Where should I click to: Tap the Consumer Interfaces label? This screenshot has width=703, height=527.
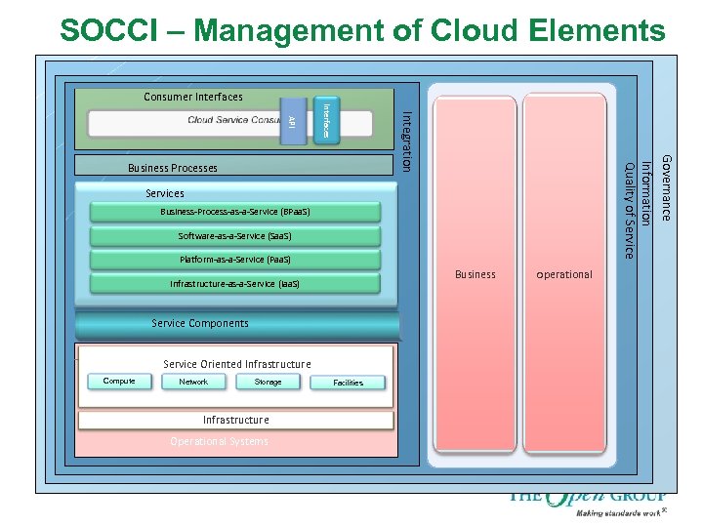pyautogui.click(x=193, y=97)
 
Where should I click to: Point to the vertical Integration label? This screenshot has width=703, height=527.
pyautogui.click(x=408, y=142)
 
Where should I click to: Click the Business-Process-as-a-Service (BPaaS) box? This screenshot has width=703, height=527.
pyautogui.click(x=234, y=212)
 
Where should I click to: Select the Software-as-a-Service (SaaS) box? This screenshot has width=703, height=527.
pyautogui.click(x=234, y=236)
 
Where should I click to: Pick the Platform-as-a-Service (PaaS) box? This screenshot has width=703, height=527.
pyautogui.click(x=234, y=260)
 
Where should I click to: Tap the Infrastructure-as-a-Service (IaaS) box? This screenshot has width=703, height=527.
pyautogui.click(x=234, y=284)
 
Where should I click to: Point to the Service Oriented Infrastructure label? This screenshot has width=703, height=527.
pyautogui.click(x=237, y=364)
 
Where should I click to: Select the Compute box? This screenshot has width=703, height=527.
pyautogui.click(x=119, y=382)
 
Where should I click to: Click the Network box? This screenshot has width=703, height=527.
pyautogui.click(x=193, y=382)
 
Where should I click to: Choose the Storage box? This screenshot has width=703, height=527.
pyautogui.click(x=268, y=382)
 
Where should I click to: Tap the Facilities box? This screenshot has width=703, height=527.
pyautogui.click(x=349, y=383)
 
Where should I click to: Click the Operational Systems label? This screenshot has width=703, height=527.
pyautogui.click(x=219, y=441)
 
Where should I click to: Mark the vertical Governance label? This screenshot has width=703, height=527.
pyautogui.click(x=667, y=186)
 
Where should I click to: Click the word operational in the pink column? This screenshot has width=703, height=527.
pyautogui.click(x=564, y=274)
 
